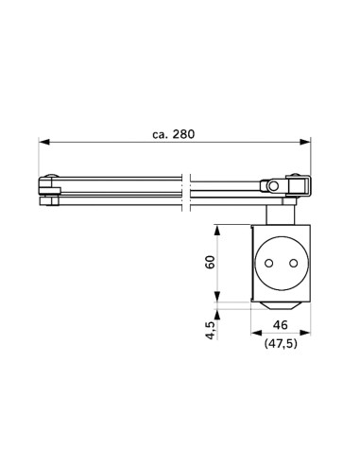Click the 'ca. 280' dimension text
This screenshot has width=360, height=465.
point(173,133)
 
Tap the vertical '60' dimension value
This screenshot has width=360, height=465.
point(212,262)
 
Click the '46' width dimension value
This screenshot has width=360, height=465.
point(281,324)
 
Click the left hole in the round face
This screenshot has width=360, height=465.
point(270,264)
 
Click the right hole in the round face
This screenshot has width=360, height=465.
point(292,264)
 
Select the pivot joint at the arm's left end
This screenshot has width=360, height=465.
point(49,191)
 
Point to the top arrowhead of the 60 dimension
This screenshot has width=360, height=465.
point(219,228)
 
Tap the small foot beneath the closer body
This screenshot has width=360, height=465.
point(281,306)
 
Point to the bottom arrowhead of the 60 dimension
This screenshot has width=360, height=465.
point(219,297)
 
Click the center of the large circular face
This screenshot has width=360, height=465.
point(281,264)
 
